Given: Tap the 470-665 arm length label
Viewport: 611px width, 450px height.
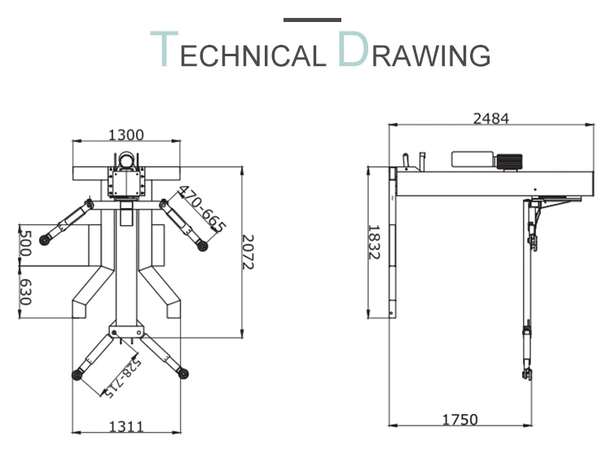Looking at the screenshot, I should click(x=202, y=210).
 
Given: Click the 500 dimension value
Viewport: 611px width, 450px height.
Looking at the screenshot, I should click(x=24, y=242).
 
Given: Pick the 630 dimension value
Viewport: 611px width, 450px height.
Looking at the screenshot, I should click(x=24, y=291).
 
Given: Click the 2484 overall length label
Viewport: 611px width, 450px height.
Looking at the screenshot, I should click(x=490, y=118).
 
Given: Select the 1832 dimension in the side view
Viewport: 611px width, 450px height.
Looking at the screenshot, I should click(x=375, y=242).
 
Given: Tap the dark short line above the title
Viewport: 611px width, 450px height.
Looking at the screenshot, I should click(x=313, y=18).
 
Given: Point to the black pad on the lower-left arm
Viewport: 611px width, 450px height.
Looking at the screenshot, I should click(x=78, y=374).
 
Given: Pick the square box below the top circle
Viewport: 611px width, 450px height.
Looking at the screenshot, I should click(x=127, y=183).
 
